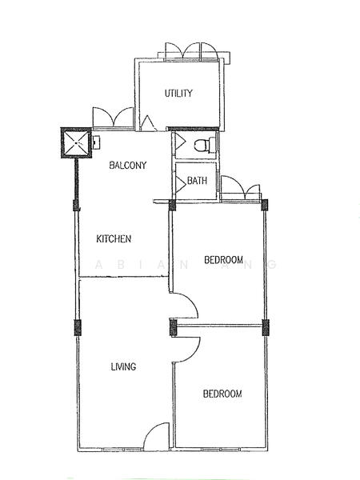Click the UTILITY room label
click(178, 94)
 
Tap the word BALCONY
click(127, 166)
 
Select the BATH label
click(198, 182)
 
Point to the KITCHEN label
click(114, 238)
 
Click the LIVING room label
click(123, 366)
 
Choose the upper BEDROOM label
click(223, 259)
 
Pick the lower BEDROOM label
click(222, 394)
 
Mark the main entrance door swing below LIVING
click(156, 437)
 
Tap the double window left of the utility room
click(112, 118)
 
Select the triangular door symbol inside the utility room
click(148, 123)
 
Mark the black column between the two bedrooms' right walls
click(266, 326)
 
